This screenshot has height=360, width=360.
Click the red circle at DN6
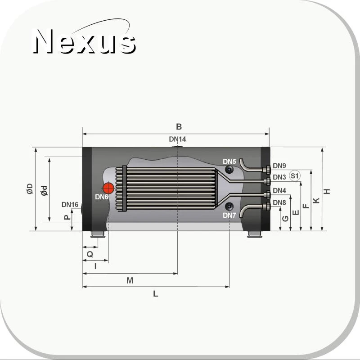[108, 188]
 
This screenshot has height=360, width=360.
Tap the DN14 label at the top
[177, 139]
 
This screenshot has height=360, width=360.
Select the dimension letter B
[179, 126]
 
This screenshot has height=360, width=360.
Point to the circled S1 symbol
[294, 176]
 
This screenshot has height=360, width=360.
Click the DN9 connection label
[279, 166]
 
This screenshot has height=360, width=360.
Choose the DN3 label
[279, 177]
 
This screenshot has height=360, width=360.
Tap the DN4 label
[279, 190]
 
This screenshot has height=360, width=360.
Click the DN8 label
[279, 202]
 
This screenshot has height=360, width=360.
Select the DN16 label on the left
[70, 205]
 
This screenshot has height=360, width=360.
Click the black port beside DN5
[229, 170]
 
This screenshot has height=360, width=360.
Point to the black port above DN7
[229, 206]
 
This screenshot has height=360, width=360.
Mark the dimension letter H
[328, 191]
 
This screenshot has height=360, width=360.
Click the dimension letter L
[155, 294]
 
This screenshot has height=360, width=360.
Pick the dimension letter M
[130, 280]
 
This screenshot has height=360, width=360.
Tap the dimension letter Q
[90, 254]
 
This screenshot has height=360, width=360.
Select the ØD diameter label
[29, 189]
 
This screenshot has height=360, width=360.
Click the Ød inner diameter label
[44, 190]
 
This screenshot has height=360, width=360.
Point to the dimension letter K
[316, 200]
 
